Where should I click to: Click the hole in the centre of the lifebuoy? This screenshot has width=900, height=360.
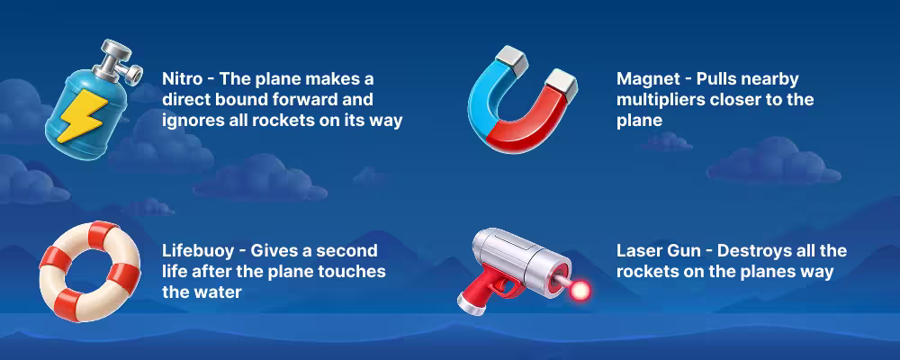[x=88, y=265]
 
